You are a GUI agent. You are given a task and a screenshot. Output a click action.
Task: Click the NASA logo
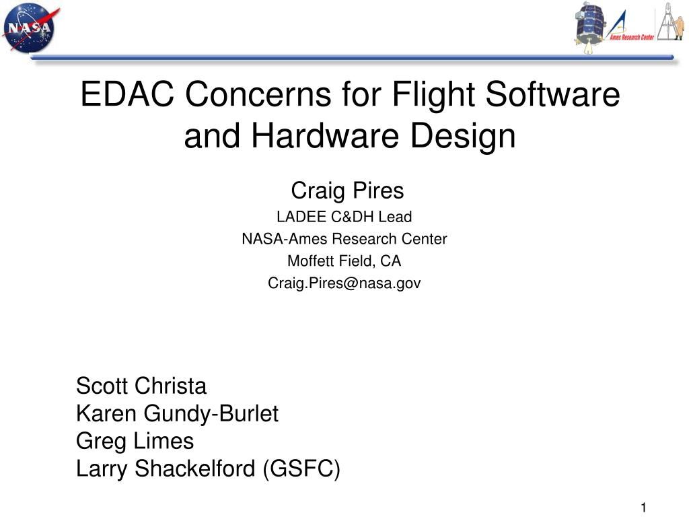(x=30, y=27)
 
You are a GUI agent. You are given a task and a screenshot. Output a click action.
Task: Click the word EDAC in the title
(x=127, y=94)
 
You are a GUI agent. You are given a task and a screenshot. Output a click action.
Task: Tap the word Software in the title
(x=553, y=94)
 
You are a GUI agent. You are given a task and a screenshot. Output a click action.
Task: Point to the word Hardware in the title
(x=325, y=135)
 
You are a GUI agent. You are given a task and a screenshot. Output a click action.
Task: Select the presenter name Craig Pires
(x=347, y=191)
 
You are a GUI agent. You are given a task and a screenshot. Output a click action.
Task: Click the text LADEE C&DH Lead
(x=344, y=217)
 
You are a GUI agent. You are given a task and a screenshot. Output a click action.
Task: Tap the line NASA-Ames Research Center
(x=344, y=239)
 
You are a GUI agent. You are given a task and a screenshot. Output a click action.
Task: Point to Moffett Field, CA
(x=344, y=261)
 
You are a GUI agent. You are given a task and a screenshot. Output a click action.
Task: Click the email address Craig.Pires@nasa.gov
(x=344, y=283)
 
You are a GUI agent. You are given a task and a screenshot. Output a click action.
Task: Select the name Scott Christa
(x=141, y=386)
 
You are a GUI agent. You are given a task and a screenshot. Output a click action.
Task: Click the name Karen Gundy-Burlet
(x=177, y=414)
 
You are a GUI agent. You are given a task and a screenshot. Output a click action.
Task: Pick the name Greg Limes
(x=135, y=441)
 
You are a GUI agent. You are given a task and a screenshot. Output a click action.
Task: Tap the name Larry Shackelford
(x=166, y=469)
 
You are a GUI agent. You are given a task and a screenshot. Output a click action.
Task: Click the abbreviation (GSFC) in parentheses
(x=301, y=469)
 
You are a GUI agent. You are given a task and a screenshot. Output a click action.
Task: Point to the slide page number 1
(x=644, y=508)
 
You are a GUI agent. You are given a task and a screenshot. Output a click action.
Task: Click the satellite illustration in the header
(x=589, y=27)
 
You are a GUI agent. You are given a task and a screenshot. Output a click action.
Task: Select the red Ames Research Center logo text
(x=631, y=38)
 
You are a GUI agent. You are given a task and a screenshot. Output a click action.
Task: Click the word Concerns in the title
(x=258, y=94)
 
